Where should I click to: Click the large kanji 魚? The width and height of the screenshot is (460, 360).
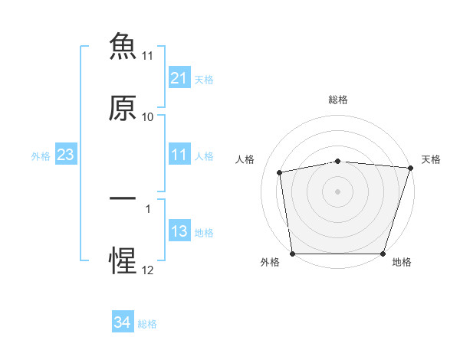[123, 46]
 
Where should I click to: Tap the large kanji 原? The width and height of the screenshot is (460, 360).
[123, 108]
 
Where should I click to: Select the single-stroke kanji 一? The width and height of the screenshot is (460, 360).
[123, 198]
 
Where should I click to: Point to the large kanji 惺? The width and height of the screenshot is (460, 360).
[123, 260]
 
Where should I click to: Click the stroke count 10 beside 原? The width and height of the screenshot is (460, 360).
[147, 117]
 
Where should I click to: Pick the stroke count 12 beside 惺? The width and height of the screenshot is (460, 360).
[147, 270]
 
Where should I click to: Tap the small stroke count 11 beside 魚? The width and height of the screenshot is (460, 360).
[147, 56]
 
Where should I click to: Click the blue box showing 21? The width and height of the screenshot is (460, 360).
[179, 77]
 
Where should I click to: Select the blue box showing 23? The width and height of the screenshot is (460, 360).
[66, 154]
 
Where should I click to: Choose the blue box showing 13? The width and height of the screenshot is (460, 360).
[179, 230]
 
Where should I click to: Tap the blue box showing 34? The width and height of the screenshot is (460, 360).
[123, 321]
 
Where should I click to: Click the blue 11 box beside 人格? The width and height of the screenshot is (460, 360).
[179, 154]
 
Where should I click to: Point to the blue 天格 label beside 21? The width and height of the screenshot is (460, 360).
[204, 80]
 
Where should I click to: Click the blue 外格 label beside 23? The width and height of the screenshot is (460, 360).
[41, 156]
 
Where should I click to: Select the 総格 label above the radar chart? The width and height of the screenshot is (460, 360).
[338, 100]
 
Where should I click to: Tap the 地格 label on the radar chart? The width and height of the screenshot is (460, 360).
[402, 262]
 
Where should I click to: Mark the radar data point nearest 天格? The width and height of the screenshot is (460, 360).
[411, 168]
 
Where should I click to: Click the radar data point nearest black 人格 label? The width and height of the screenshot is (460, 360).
[280, 172]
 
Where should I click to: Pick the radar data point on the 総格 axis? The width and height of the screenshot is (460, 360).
[338, 162]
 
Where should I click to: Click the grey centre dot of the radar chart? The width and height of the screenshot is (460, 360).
[337, 192]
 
